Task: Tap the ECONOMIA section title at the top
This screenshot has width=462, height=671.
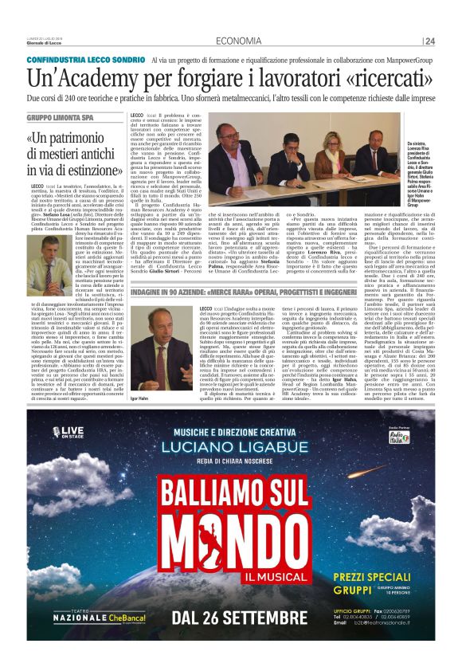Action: click(239, 41)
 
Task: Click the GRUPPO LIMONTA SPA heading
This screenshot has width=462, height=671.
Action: click(63, 117)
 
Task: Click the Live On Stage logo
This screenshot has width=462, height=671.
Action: click(66, 432)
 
